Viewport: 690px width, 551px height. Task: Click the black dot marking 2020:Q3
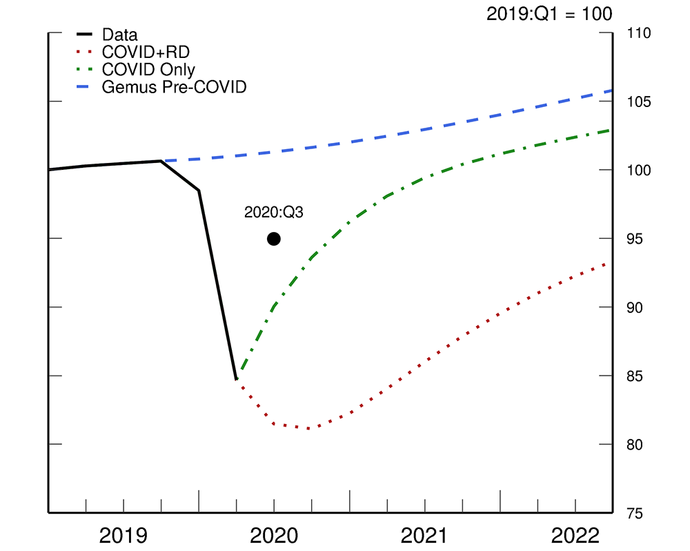(x=274, y=239)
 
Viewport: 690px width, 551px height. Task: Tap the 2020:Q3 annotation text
(x=274, y=213)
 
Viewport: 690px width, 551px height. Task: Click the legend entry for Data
(x=119, y=35)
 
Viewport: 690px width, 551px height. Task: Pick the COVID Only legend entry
(x=148, y=70)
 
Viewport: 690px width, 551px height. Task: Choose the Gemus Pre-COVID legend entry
(x=174, y=88)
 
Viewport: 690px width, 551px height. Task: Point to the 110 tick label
(x=640, y=33)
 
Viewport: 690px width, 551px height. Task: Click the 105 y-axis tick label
(x=640, y=101)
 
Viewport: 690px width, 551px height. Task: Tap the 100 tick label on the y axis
(x=640, y=171)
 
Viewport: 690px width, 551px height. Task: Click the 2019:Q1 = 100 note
(x=549, y=14)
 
